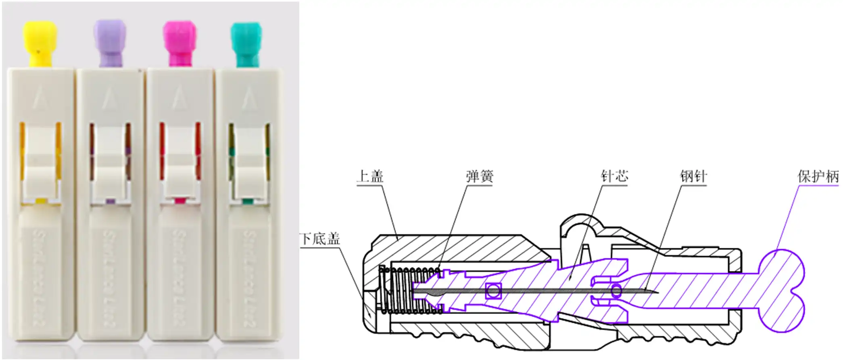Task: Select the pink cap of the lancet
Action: (x=179, y=43)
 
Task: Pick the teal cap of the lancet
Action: (x=246, y=44)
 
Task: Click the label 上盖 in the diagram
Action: (x=370, y=176)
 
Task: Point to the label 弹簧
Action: (x=480, y=176)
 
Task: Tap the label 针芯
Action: (x=614, y=176)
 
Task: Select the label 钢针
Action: (x=693, y=176)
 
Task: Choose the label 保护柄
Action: (x=818, y=176)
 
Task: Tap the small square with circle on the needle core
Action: (x=493, y=290)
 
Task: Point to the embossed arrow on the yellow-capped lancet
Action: (x=39, y=99)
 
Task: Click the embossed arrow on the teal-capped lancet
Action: (x=249, y=99)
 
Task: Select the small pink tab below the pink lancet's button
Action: (x=180, y=201)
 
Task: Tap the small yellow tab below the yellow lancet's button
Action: (x=40, y=201)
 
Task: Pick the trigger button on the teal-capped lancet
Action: (x=248, y=161)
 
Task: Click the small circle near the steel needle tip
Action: (x=616, y=290)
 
